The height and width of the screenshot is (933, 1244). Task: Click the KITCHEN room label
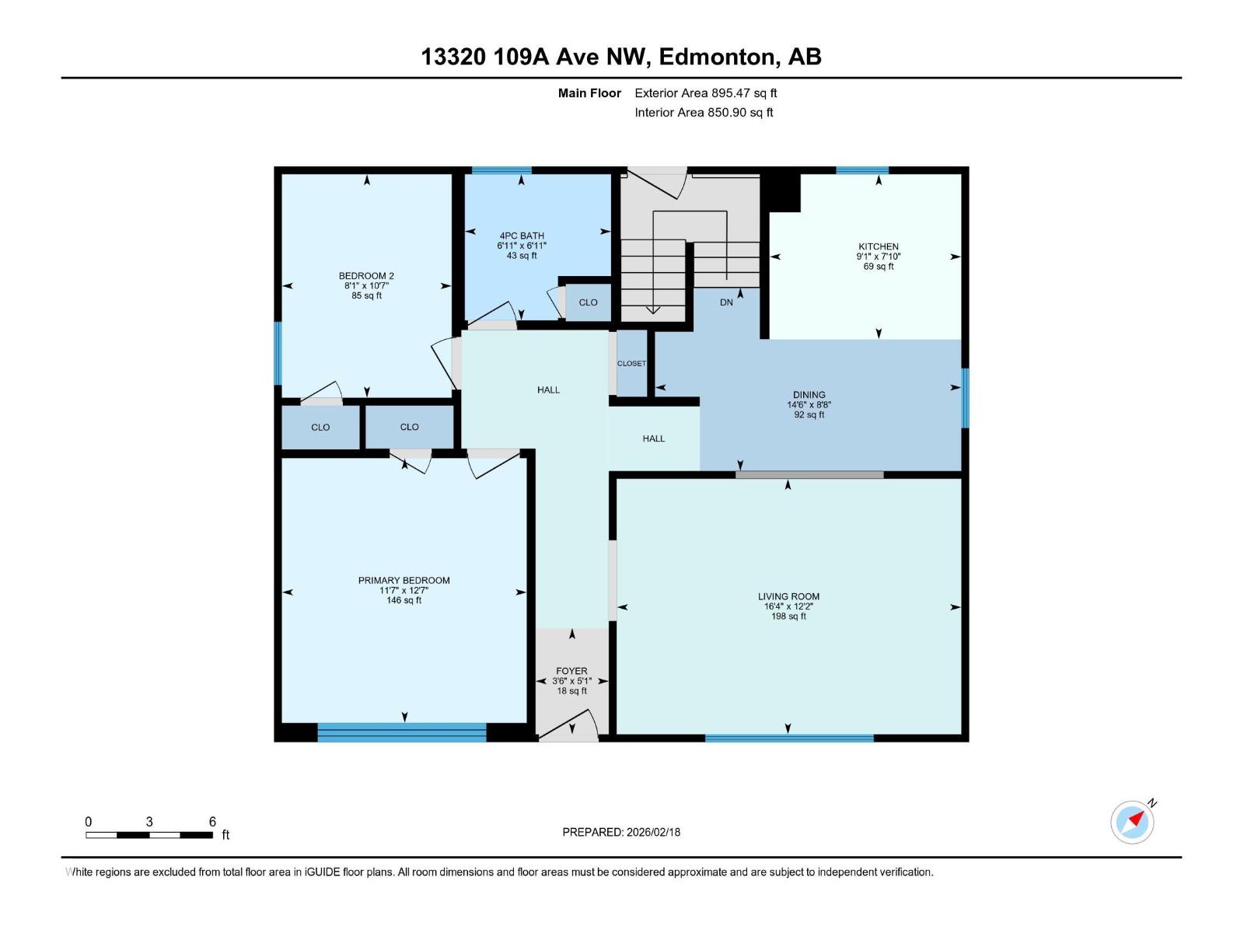point(879,246)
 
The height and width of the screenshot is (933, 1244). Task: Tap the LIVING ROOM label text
point(788,596)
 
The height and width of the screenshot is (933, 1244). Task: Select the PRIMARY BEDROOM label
point(404,580)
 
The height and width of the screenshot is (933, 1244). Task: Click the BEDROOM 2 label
point(366,276)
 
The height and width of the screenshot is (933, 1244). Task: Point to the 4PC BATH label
point(522,236)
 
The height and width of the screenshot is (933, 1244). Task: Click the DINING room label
point(809,395)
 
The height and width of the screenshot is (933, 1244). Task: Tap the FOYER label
point(571,671)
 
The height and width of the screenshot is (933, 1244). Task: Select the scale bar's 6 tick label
point(212,822)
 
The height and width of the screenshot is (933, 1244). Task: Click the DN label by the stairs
point(726,302)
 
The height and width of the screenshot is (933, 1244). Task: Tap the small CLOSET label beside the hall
point(631,363)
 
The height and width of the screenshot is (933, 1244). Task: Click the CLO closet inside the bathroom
point(588,302)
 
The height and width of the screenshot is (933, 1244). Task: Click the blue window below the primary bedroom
point(402,732)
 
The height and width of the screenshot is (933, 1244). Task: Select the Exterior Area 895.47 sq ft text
point(705,93)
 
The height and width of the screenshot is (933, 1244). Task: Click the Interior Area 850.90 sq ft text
point(704,113)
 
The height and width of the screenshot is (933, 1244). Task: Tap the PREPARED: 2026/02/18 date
point(621,832)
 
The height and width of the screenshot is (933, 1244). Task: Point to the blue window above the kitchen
point(862,170)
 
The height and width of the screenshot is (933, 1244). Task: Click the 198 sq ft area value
point(788,617)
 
